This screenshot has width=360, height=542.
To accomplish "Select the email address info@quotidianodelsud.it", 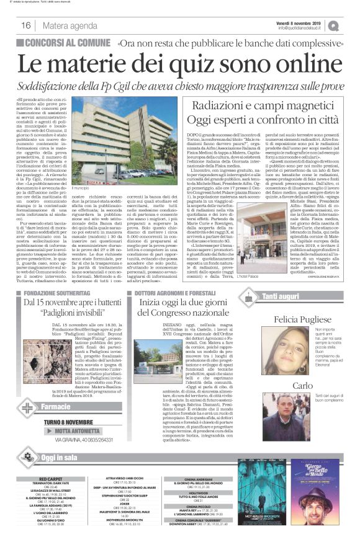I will pyautogui.click(x=307, y=28).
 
